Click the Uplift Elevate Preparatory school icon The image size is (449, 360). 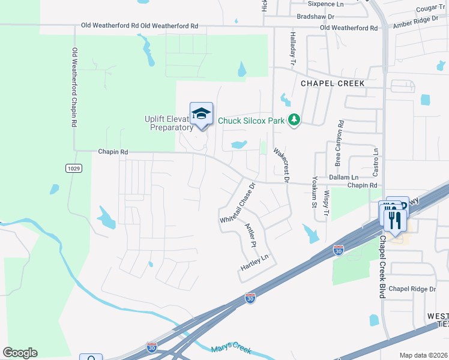202,113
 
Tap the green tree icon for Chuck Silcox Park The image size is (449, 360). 294,121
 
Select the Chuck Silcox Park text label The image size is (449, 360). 251,121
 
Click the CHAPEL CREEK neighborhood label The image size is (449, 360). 332,83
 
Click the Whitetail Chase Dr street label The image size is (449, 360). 238,203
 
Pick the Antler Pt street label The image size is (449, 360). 251,236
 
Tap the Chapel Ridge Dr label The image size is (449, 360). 412,289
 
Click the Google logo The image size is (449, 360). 20,353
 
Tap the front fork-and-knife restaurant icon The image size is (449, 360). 396,220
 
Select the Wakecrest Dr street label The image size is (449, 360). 282,165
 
